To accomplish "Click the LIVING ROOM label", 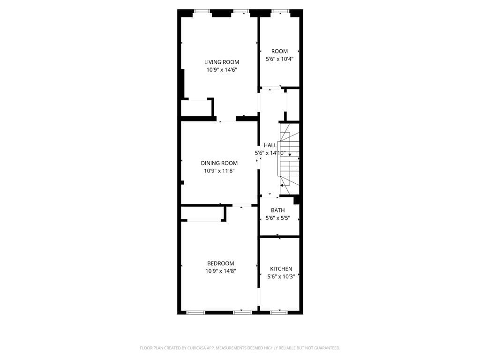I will click(221, 62).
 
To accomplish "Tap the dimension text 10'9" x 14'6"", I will click(221, 70).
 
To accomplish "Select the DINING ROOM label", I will click(219, 163).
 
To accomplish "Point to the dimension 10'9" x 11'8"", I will click(219, 171).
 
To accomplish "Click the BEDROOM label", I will click(220, 263).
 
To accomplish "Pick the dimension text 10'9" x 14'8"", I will click(220, 271).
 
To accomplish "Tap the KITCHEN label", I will click(281, 269).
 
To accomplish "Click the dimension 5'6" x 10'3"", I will click(281, 277).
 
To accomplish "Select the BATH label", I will click(277, 210).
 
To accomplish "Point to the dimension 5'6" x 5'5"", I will click(277, 218).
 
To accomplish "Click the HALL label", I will click(270, 145).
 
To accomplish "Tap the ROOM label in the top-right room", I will click(279, 51).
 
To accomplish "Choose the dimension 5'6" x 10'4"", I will click(279, 59).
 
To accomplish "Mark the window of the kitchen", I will click(279, 312).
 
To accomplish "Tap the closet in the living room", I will click(197, 108).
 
